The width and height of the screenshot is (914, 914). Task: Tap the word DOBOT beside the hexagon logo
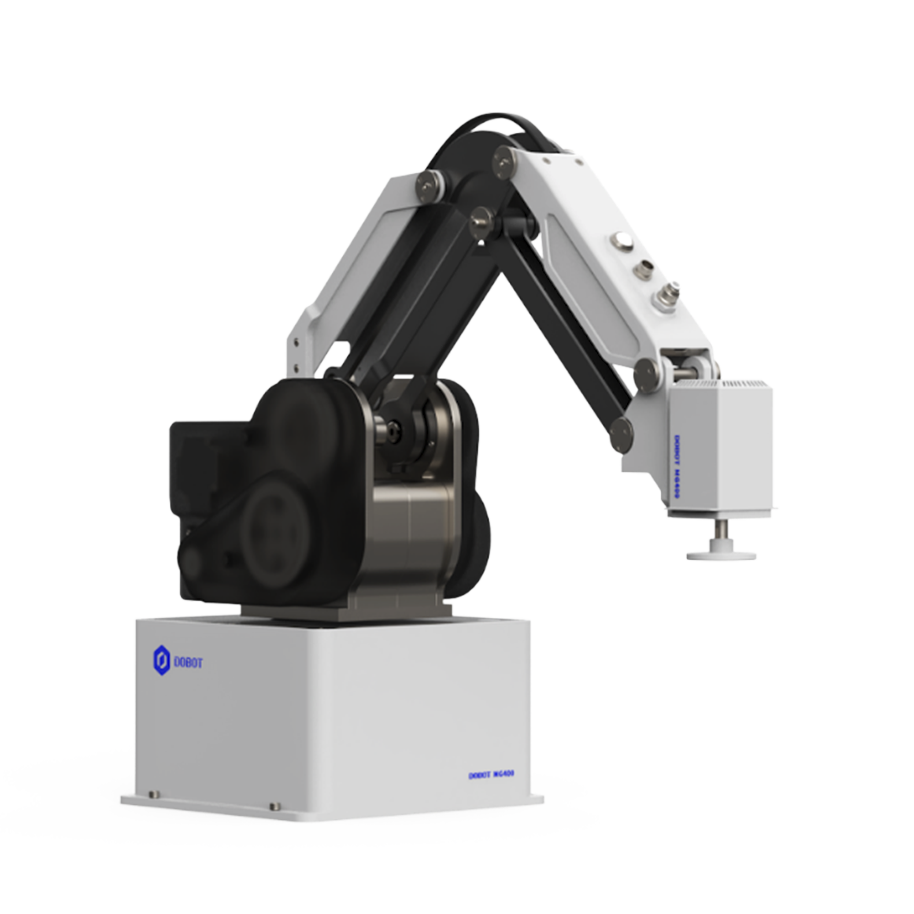(188, 663)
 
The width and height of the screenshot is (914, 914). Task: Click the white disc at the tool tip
(721, 554)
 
